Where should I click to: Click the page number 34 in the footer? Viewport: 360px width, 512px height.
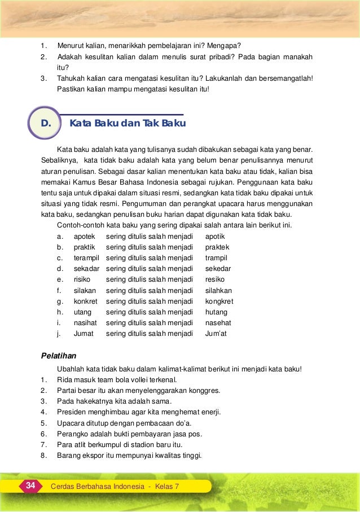coord(30,485)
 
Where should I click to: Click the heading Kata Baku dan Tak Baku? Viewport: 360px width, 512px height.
coord(128,123)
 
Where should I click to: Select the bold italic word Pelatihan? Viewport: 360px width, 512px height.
coord(59,356)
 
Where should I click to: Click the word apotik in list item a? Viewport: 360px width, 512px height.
coord(215,237)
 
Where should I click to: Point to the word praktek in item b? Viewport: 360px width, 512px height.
coord(217,247)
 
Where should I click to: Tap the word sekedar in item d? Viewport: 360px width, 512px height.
coord(218,269)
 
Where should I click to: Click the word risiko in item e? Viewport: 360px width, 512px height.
coord(82,279)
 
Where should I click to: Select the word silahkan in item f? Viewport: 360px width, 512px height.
coord(218,290)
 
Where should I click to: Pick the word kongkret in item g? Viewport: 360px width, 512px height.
coord(219,301)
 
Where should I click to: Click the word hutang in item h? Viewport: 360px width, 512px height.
coord(216,312)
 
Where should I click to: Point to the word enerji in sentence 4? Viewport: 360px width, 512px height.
coord(211,412)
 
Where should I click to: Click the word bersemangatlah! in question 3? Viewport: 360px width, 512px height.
coord(284,78)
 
